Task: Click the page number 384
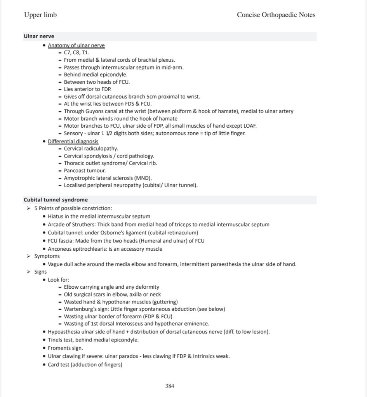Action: click(170, 386)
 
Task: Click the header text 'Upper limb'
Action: click(40, 15)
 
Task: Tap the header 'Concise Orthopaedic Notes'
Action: click(276, 15)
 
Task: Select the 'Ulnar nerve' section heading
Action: click(39, 36)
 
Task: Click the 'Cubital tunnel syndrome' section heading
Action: click(56, 200)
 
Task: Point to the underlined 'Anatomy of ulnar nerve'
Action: click(76, 45)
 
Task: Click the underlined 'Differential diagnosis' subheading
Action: click(73, 142)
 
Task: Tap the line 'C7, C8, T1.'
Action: click(77, 53)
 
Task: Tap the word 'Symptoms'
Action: click(47, 256)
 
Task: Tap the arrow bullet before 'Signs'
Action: click(28, 272)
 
